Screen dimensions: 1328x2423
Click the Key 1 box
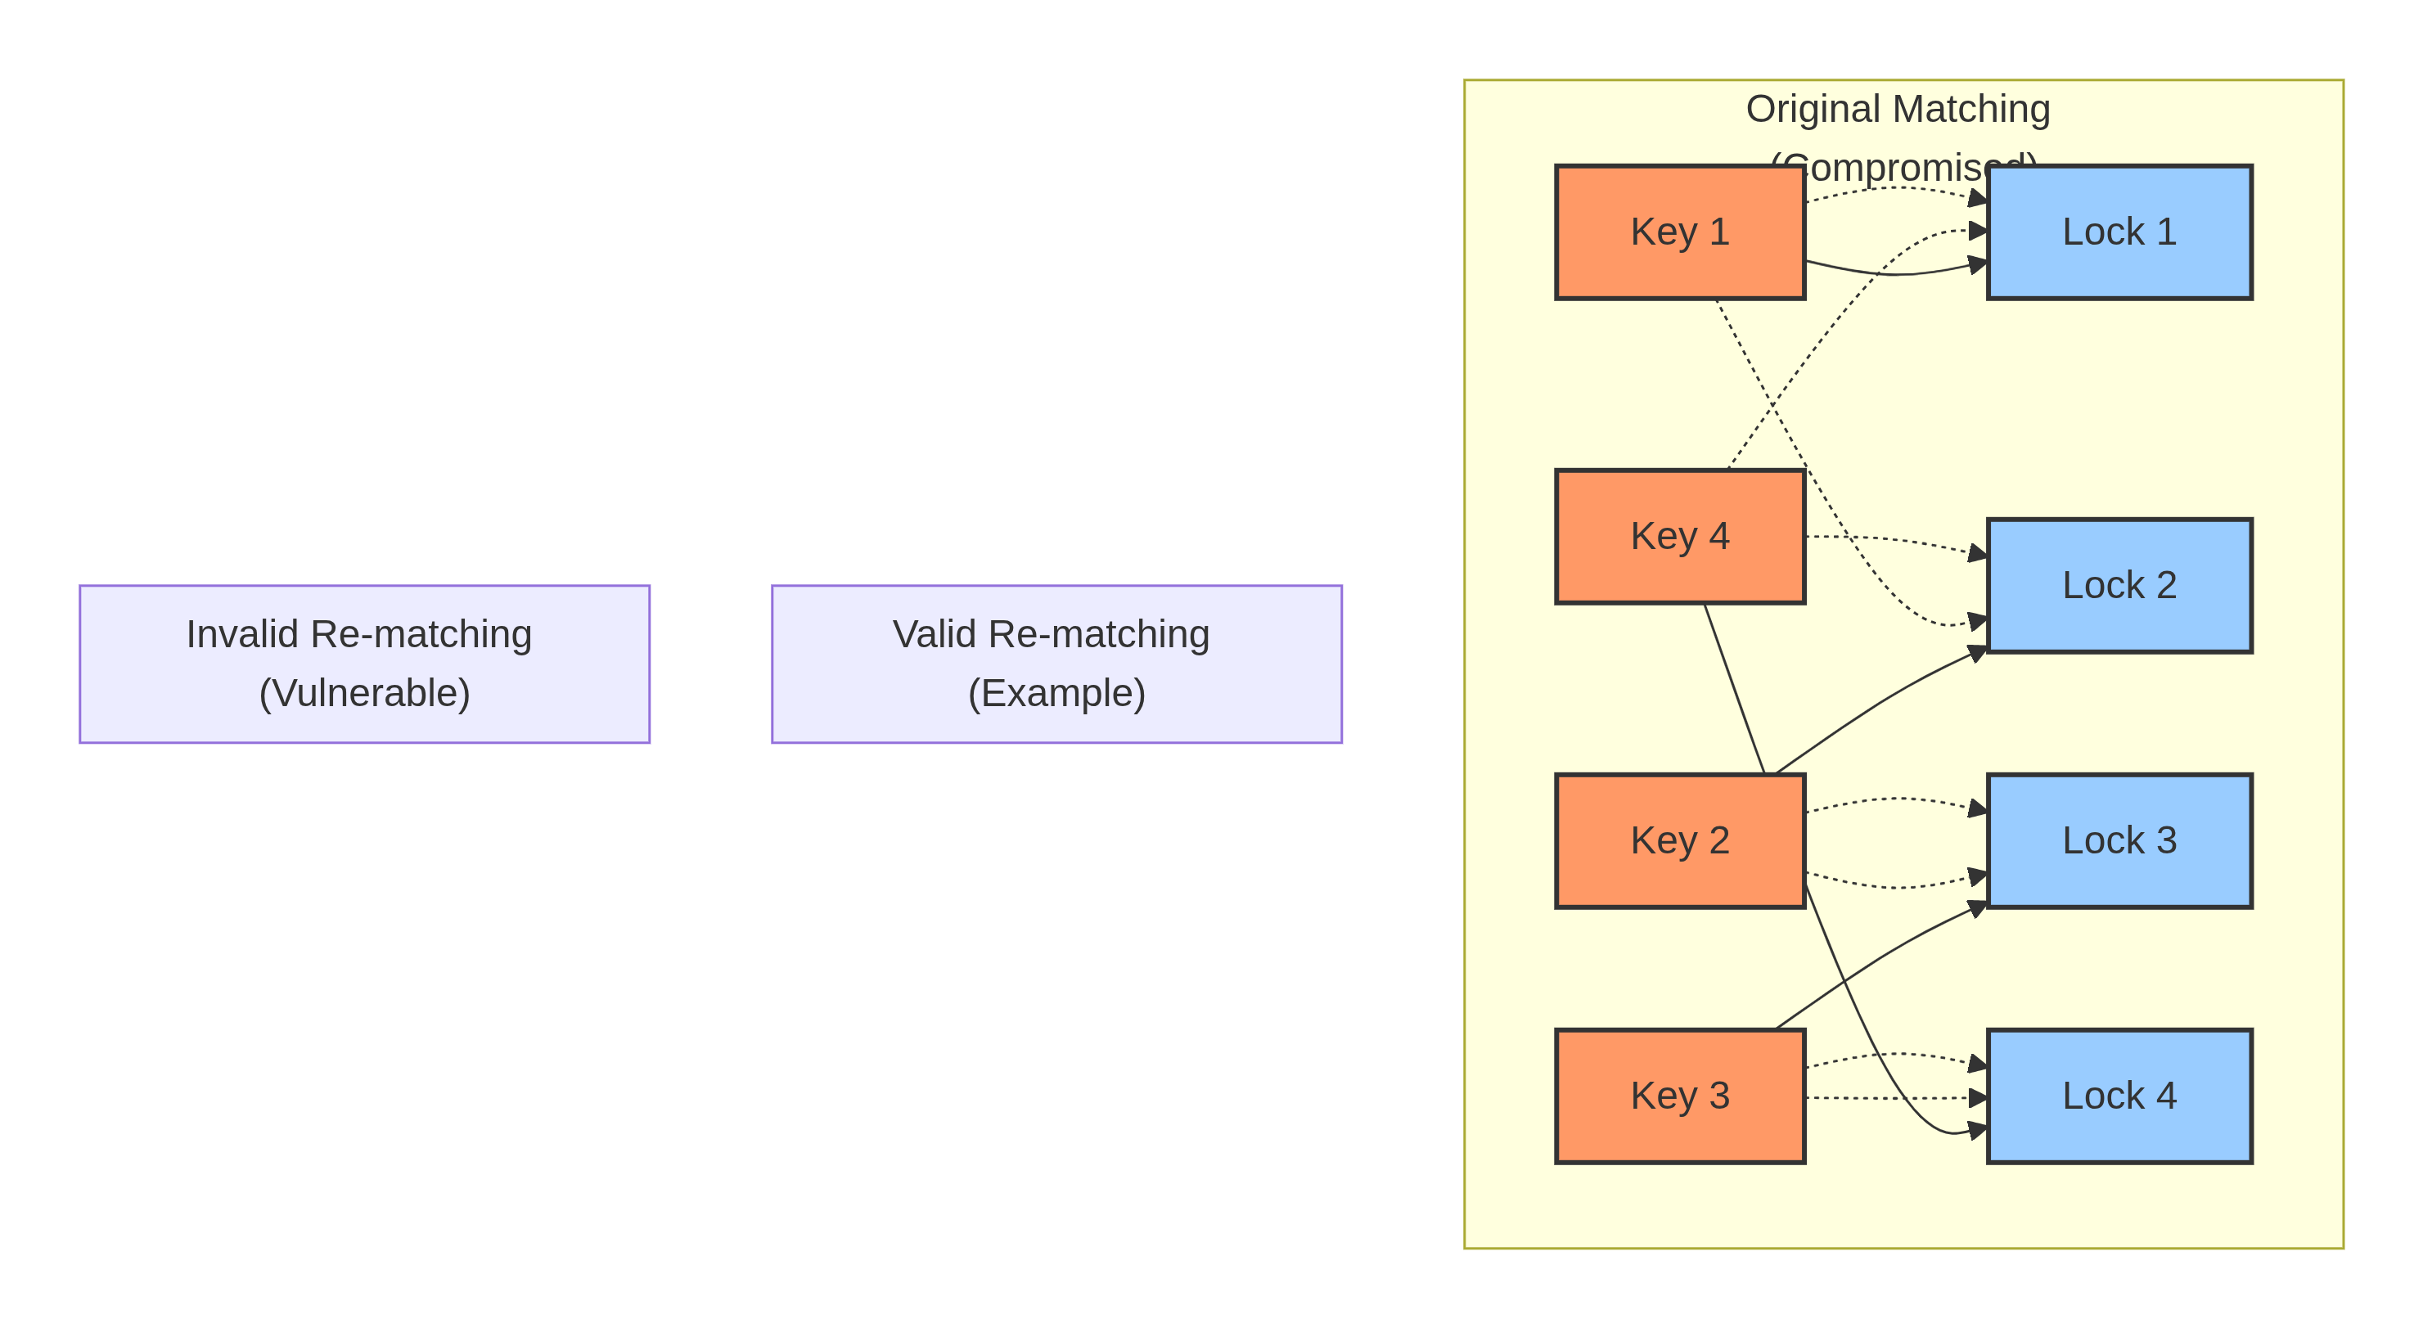coord(1680,232)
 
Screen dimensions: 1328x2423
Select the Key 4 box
coord(1680,536)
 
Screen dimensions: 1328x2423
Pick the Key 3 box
coord(1680,1096)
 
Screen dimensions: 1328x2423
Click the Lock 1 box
coord(2119,232)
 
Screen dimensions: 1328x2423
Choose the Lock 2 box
coord(2119,585)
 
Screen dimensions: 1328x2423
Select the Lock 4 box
coord(2119,1096)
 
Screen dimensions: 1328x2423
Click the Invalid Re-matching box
coord(364,664)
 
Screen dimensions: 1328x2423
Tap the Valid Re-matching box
coord(1056,664)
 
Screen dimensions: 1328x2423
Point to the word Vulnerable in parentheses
coord(364,693)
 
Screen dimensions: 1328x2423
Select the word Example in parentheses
coord(1056,693)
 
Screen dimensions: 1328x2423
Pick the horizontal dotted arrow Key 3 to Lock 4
coord(1890,1097)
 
